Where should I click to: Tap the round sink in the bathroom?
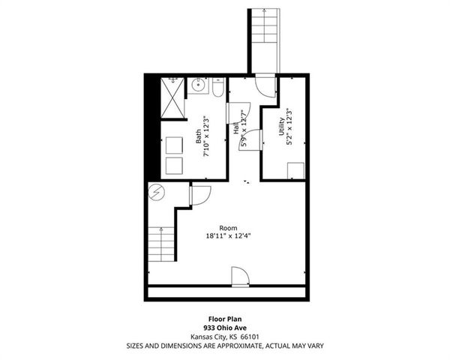pyautogui.click(x=199, y=86)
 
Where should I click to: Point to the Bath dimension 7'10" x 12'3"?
pyautogui.click(x=206, y=135)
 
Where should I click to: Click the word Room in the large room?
pyautogui.click(x=228, y=227)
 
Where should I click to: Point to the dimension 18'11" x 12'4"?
pyautogui.click(x=228, y=235)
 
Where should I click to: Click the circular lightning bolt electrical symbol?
pyautogui.click(x=156, y=193)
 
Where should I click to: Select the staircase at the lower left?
pyautogui.click(x=161, y=244)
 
